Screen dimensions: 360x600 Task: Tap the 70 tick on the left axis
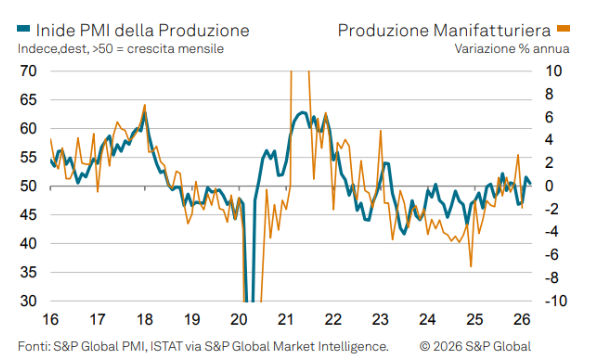pos(27,71)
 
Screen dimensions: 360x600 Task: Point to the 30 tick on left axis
pos(27,301)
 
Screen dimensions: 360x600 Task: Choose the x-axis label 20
pos(239,320)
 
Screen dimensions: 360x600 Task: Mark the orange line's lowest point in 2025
pos(470,266)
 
